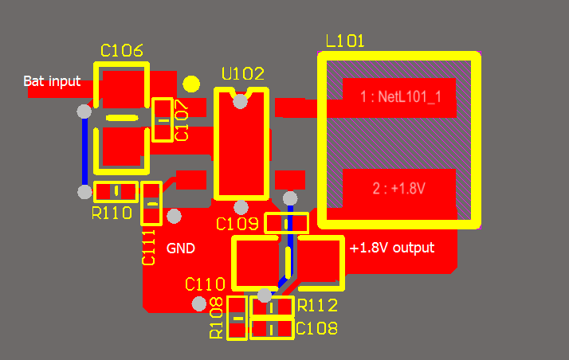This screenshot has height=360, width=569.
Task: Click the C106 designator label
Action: point(122,51)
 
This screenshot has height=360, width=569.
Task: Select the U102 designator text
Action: point(242,74)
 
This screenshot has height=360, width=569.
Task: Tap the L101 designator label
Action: point(345,41)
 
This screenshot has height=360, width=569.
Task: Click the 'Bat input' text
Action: point(52,80)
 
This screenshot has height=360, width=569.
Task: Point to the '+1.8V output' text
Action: point(392,248)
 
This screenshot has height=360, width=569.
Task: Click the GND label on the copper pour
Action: point(180,248)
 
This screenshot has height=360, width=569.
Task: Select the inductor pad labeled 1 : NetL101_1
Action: point(398,97)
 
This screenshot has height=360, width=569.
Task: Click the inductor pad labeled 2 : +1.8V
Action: point(398,189)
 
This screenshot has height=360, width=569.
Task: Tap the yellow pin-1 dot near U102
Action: point(191,84)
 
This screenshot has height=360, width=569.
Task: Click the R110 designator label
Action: point(112,213)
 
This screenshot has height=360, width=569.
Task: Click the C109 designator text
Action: point(236,224)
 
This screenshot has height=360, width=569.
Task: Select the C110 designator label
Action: point(205,284)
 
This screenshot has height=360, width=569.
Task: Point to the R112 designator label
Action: point(317,305)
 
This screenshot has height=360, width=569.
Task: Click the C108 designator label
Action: point(316,328)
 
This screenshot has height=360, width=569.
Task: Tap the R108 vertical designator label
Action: point(216,318)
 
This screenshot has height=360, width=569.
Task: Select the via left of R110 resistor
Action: point(84,191)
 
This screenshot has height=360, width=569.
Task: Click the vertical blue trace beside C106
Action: point(84,151)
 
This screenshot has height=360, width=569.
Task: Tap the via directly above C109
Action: point(290,198)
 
